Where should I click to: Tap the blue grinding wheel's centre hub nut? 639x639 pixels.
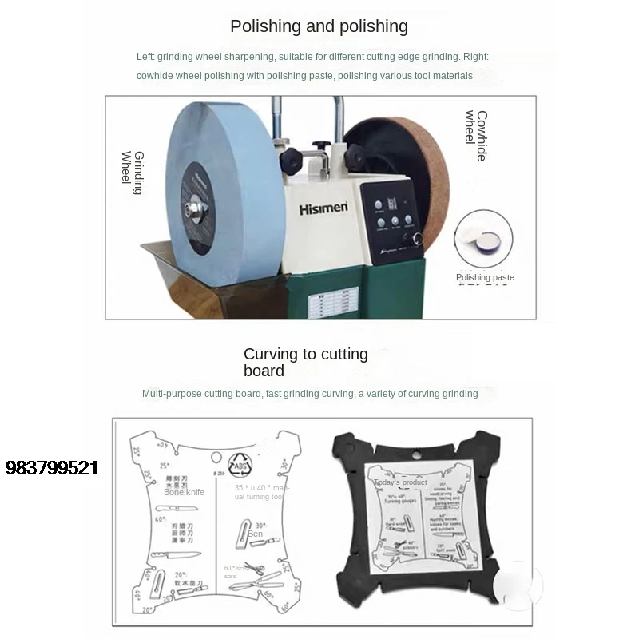tap(194, 209)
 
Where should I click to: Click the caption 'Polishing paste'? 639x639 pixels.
tap(485, 278)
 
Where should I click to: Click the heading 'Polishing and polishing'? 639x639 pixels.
tap(319, 26)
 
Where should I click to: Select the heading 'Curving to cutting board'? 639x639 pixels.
tap(305, 362)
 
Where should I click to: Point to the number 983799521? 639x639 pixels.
tap(51, 468)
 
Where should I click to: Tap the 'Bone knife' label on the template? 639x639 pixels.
tap(184, 492)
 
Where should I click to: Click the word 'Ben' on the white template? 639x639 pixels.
tap(255, 533)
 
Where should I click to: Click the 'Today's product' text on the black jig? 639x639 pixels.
tap(401, 482)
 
